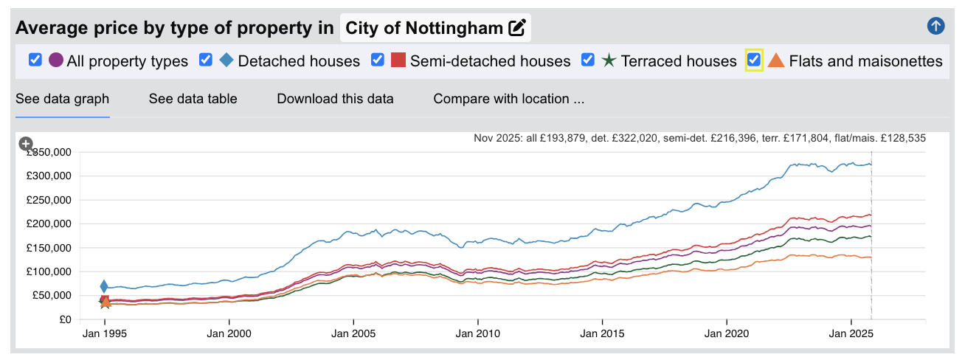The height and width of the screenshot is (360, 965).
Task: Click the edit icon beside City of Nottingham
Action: [517, 28]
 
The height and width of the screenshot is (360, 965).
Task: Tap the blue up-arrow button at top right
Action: [935, 27]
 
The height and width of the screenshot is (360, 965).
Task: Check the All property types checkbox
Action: [35, 60]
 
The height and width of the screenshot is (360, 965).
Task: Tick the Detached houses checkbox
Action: [206, 60]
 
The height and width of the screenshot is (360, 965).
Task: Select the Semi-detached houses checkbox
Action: [378, 60]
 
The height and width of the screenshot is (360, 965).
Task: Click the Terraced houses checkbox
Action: [588, 60]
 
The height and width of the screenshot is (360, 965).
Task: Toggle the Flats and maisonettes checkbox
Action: [753, 60]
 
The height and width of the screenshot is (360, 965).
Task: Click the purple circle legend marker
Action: [56, 60]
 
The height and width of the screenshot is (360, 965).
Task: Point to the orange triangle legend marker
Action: [776, 60]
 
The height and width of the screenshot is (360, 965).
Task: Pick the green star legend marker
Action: [609, 60]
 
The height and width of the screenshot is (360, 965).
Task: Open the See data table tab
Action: [193, 99]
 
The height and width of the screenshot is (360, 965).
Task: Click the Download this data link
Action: [335, 99]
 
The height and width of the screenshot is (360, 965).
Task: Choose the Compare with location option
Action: [508, 99]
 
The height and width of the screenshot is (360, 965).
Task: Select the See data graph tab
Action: [62, 99]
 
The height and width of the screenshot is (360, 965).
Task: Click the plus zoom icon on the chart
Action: [26, 144]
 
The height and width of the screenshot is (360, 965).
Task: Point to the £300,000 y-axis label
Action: [49, 176]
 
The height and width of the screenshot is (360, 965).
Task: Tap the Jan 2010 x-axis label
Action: [477, 333]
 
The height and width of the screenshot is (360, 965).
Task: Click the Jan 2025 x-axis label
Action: [851, 333]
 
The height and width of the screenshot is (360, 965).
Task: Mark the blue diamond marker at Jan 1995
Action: [104, 286]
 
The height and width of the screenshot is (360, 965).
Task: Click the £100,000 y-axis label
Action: [49, 272]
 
